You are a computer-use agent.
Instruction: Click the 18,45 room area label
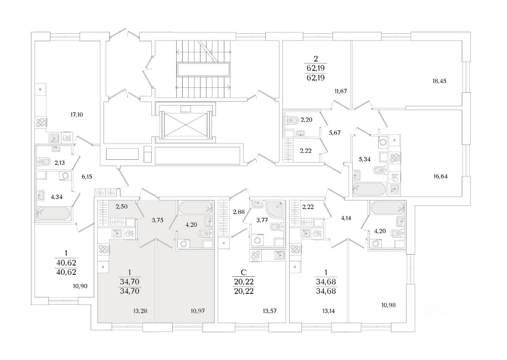coord(440,81)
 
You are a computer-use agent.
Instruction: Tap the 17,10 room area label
coord(76,115)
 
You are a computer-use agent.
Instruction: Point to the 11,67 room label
coord(340,91)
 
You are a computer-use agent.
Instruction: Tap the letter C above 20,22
coord(244,272)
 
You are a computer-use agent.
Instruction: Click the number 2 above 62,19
coord(315,58)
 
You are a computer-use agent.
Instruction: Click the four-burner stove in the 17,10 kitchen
coord(41,123)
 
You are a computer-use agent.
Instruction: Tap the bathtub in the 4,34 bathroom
coord(53,213)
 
